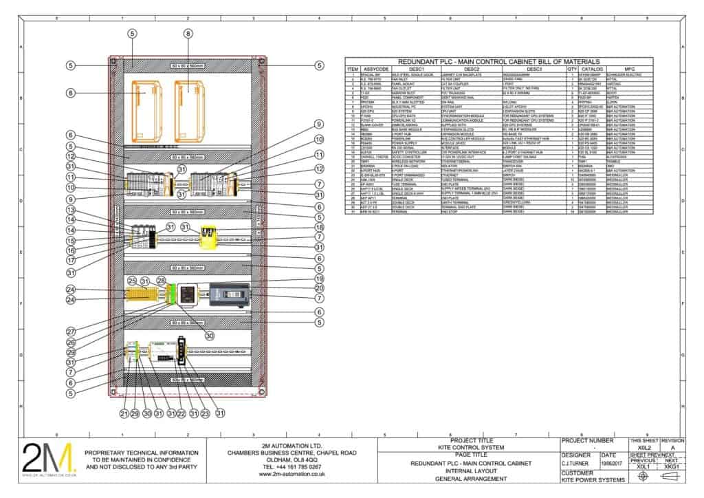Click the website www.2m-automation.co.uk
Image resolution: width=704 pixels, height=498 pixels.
291,475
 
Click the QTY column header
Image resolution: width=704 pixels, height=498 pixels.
571,69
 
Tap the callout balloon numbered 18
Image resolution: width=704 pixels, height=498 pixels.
319,226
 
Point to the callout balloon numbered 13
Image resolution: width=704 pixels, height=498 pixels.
70,210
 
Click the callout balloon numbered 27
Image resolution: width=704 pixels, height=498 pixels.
70,330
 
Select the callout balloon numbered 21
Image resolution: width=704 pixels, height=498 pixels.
124,414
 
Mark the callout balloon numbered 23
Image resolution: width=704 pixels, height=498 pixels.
206,414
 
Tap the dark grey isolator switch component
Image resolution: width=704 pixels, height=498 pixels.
228,294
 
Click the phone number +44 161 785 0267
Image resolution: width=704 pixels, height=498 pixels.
291,466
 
